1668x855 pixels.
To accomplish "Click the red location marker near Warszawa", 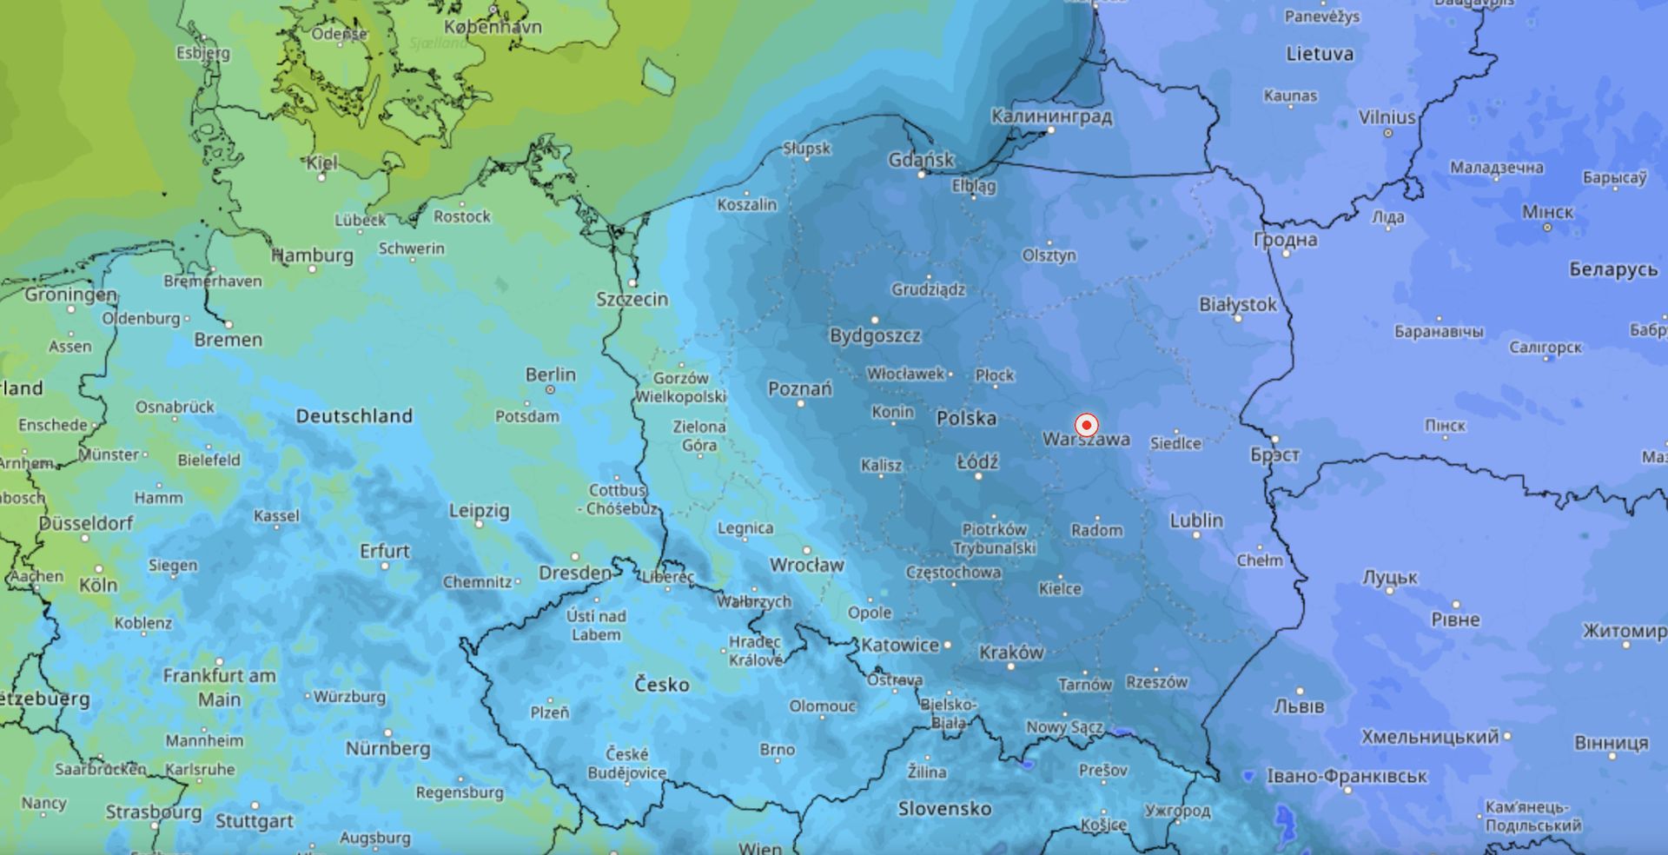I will coord(1086,425).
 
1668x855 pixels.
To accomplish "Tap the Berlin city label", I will coord(550,374).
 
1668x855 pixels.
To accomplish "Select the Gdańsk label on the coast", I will coord(921,160).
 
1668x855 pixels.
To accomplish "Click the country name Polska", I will coord(966,419).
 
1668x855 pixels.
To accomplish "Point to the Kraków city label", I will coord(1011,653).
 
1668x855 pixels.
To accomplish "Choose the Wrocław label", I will coord(806,566).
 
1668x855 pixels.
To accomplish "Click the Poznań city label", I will coord(799,388).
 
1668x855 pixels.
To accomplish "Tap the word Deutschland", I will coord(354,416).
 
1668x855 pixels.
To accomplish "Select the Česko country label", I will coord(661,685).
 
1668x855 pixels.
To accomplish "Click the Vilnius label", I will coord(1387,117).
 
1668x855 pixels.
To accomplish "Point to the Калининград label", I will coord(1051,116).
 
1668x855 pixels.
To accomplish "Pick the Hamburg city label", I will coord(313,255).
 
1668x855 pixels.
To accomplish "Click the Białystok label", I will coord(1238,305).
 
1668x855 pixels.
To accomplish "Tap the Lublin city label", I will coord(1196,520).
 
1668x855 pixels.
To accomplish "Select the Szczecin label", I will coord(632,299).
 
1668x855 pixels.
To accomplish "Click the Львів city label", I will coord(1299,706).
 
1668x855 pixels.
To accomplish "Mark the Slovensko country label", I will coord(944,809).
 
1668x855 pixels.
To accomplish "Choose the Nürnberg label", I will coord(387,748).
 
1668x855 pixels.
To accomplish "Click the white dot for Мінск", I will coord(1547,227).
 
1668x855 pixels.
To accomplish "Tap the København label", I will coord(493,27).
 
